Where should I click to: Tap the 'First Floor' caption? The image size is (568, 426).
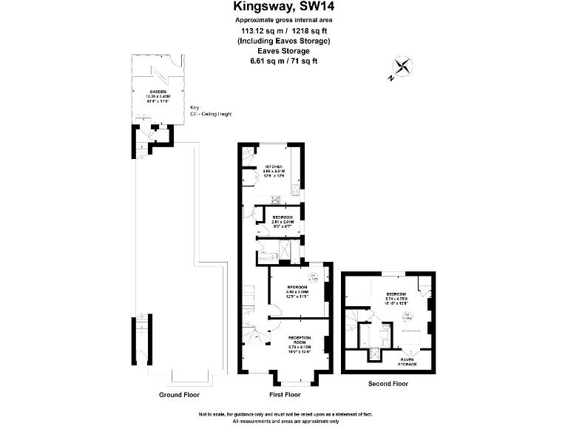(x=285, y=395)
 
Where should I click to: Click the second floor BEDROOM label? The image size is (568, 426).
(x=396, y=297)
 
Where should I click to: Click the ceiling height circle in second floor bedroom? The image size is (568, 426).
(x=407, y=317)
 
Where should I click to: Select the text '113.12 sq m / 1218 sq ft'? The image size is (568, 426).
(x=284, y=30)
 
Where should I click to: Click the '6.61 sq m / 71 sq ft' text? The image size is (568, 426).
(x=284, y=61)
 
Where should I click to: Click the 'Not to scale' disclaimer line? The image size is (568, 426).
(x=284, y=413)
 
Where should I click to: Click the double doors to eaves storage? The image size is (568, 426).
(x=408, y=350)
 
